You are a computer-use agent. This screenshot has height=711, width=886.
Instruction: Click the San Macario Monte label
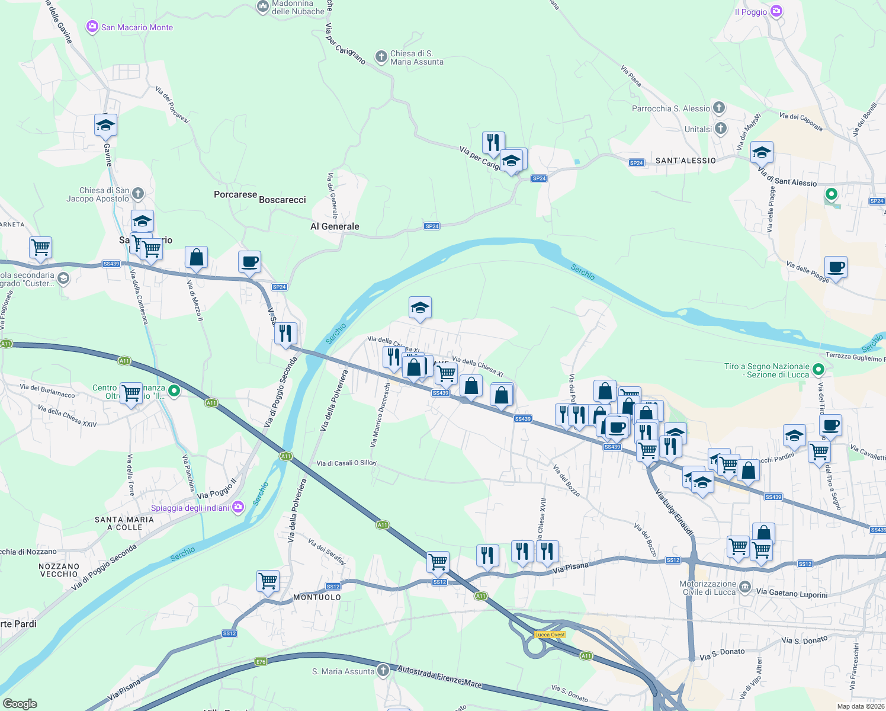tap(137, 27)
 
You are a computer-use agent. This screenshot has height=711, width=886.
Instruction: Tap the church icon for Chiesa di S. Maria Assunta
tap(381, 57)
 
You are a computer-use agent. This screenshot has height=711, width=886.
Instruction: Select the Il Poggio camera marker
tap(776, 11)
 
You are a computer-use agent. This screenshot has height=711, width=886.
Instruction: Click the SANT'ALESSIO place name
tap(685, 161)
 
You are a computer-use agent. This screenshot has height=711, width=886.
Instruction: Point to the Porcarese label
tap(235, 194)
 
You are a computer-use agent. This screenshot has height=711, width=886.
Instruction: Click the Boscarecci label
tap(282, 200)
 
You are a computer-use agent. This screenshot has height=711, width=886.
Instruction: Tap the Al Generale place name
tap(335, 226)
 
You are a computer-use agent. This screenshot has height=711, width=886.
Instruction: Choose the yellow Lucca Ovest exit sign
tap(550, 635)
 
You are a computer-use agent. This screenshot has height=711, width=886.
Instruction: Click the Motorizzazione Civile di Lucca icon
tap(744, 587)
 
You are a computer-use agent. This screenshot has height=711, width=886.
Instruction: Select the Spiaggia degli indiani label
tap(190, 508)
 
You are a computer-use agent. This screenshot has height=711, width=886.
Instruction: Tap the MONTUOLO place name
tap(317, 597)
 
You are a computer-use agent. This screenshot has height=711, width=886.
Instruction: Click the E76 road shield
tap(261, 661)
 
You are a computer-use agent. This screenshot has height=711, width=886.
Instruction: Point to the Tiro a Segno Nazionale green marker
tap(818, 370)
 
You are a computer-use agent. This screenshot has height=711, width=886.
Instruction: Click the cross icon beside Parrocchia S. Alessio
tap(719, 108)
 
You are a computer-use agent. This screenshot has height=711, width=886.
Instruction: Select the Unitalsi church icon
tap(720, 129)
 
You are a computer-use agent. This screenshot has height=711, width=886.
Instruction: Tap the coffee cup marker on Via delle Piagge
tap(836, 268)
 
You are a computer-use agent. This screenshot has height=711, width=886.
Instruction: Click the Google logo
tap(20, 704)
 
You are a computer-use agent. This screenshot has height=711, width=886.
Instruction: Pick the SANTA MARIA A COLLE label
tap(124, 523)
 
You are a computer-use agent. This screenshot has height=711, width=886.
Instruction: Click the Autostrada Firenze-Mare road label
tap(439, 676)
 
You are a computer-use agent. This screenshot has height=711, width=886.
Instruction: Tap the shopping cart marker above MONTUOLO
tap(268, 581)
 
